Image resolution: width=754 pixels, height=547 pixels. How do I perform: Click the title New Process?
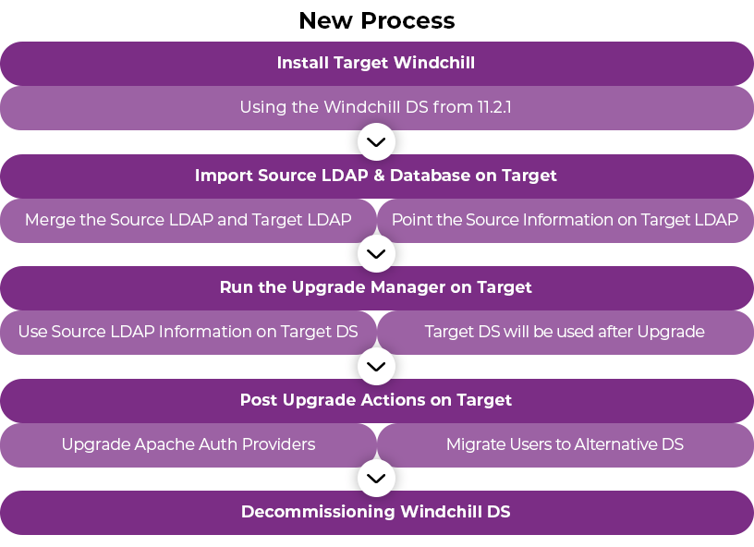pyautogui.click(x=376, y=20)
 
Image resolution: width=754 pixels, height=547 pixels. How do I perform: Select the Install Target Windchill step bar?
pyautogui.click(x=376, y=63)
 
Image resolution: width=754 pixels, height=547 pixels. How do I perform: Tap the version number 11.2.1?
pyautogui.click(x=494, y=107)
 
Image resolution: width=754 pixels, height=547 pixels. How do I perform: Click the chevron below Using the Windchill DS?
pyautogui.click(x=376, y=142)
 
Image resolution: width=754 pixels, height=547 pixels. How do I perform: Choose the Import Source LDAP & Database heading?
pyautogui.click(x=376, y=176)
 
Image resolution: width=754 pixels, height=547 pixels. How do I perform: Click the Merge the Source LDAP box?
pyautogui.click(x=188, y=220)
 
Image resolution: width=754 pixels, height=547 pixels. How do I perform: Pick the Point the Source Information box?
pyautogui.click(x=565, y=220)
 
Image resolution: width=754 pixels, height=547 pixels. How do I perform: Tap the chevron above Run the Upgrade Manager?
pyautogui.click(x=376, y=253)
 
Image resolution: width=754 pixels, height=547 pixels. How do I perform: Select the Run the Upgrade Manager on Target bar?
pyautogui.click(x=376, y=287)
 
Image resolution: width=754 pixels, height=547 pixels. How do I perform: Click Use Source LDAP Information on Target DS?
pyautogui.click(x=188, y=332)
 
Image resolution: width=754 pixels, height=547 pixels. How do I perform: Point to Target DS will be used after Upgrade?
pyautogui.click(x=565, y=332)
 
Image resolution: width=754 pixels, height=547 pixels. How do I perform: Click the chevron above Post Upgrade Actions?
pyautogui.click(x=376, y=366)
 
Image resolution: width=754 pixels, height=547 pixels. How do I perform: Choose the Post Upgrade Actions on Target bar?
pyautogui.click(x=376, y=400)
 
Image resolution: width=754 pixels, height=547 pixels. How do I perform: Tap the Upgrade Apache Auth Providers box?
pyautogui.click(x=188, y=444)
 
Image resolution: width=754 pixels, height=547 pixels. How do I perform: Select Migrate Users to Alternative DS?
pyautogui.click(x=565, y=444)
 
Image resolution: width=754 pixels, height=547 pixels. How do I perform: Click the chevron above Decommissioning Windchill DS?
pyautogui.click(x=376, y=479)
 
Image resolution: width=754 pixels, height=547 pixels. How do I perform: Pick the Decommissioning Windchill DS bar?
pyautogui.click(x=376, y=512)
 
